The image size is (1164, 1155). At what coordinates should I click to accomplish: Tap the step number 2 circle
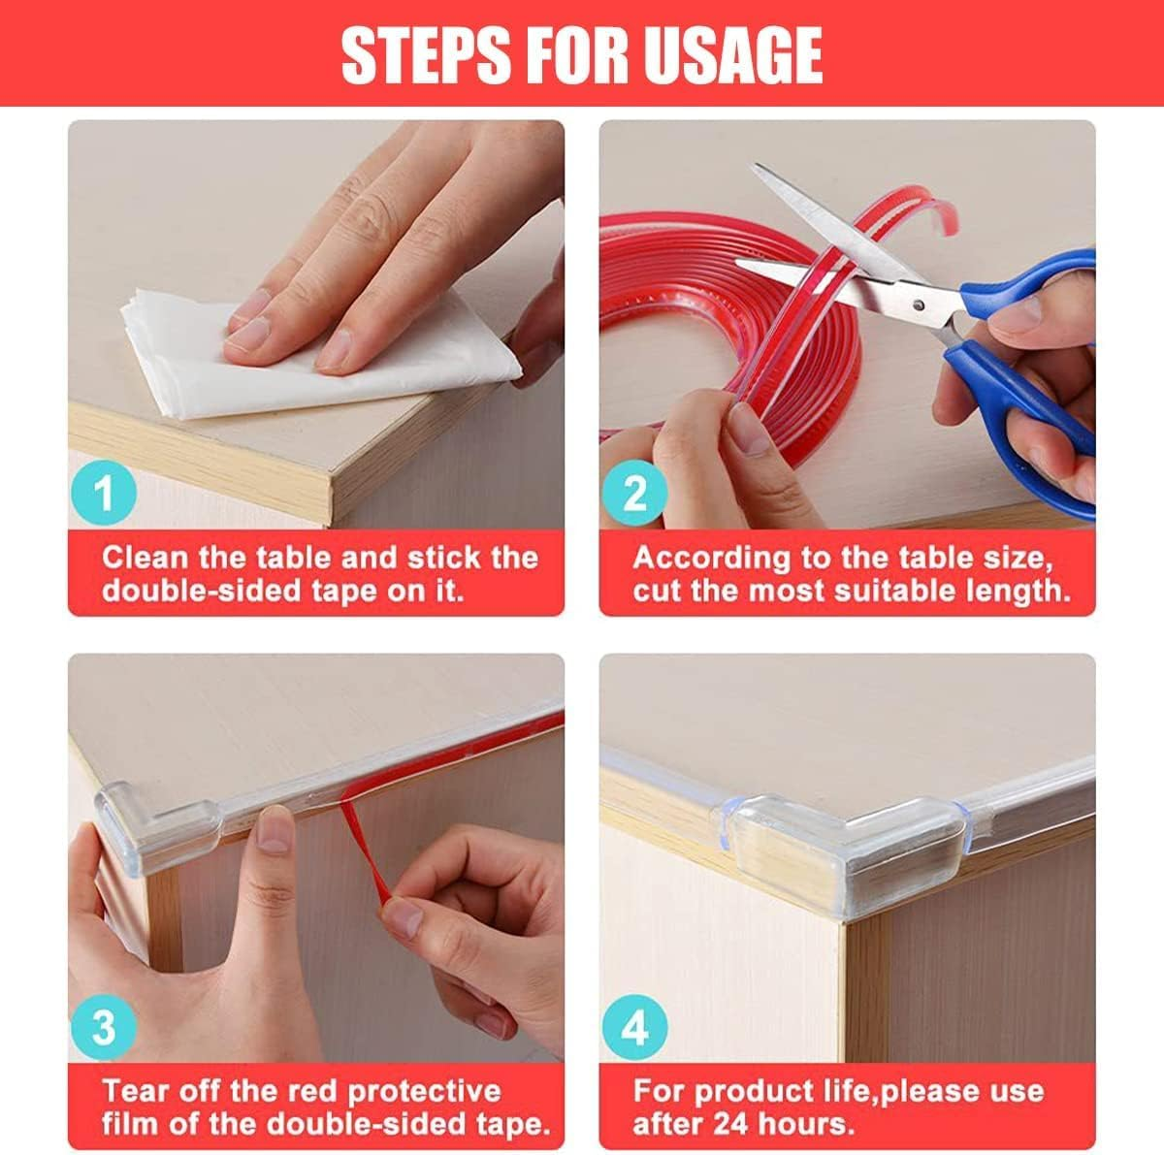pyautogui.click(x=634, y=494)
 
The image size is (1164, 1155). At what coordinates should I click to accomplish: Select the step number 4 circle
pyautogui.click(x=634, y=1027)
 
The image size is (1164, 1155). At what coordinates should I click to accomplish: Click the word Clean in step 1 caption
pyautogui.click(x=145, y=558)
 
